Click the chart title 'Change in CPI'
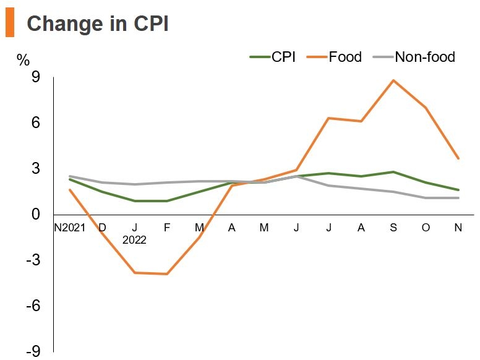click(98, 24)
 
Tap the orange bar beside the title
click(9, 24)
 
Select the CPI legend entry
click(273, 58)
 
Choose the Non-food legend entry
click(414, 58)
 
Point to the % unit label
click(23, 60)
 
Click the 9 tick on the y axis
click(35, 77)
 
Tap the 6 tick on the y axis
click(35, 123)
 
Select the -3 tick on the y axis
click(32, 260)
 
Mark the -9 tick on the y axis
click(32, 351)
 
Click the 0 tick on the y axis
click(35, 215)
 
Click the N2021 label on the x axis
click(69, 228)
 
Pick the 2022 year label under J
click(134, 240)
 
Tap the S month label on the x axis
click(393, 228)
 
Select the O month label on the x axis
click(426, 228)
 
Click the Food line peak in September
click(393, 80)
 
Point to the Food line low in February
click(166, 274)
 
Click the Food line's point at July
click(328, 118)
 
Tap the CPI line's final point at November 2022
click(458, 190)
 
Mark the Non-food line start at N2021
click(70, 176)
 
